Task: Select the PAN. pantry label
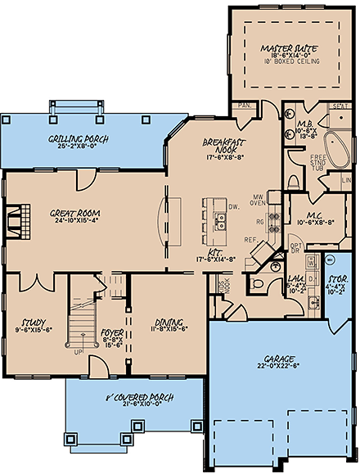(x=243, y=106)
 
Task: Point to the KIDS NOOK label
(x=226, y=287)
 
